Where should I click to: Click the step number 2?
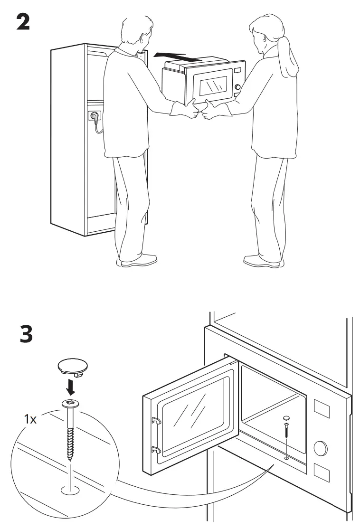point(22,22)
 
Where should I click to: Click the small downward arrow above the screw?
point(70,387)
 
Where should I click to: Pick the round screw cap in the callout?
point(70,366)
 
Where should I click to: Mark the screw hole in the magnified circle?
point(70,489)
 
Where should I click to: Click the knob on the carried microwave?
point(237,86)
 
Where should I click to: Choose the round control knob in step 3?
point(321,447)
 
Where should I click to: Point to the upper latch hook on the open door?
point(155,419)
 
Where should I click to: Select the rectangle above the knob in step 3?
point(322,410)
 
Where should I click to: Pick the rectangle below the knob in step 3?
point(321,475)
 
